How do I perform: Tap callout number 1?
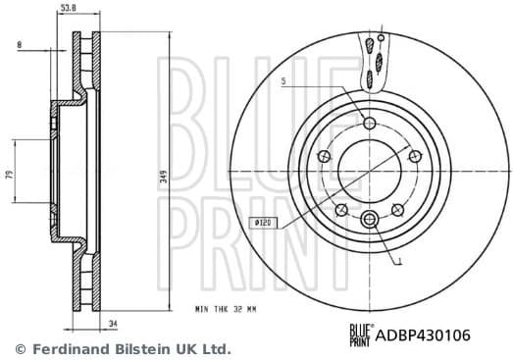point(399,262)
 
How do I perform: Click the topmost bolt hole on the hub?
point(369,124)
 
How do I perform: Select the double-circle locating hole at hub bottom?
point(369,218)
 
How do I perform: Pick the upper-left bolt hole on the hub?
point(324,156)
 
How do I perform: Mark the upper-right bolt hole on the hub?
point(414,156)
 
